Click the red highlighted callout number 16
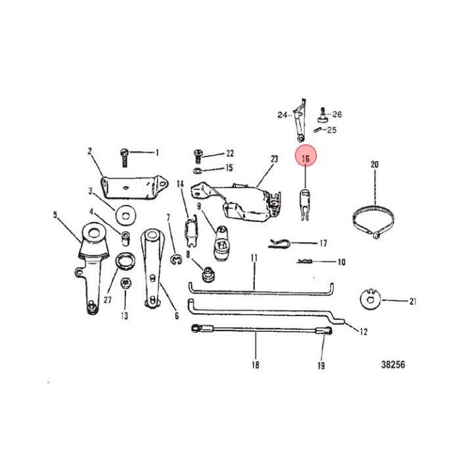[305, 156]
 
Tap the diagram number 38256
[393, 365]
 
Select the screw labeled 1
[124, 158]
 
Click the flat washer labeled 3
[125, 215]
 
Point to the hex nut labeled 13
[125, 283]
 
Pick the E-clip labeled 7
[176, 260]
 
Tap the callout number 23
[274, 159]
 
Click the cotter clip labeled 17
[279, 243]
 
